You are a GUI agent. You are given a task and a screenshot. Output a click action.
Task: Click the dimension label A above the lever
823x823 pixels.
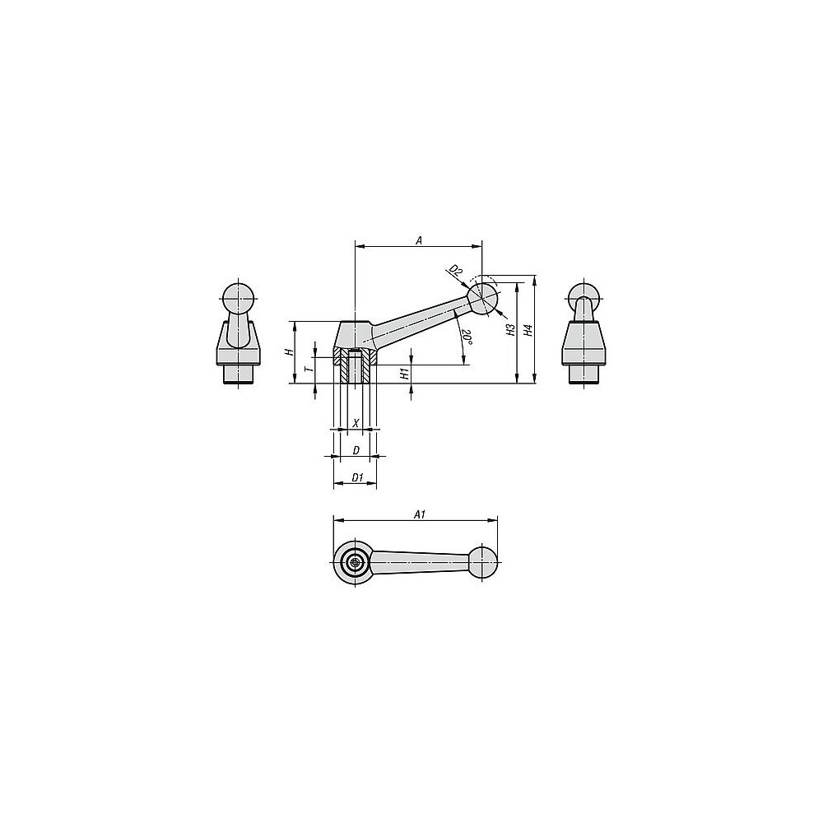[x=419, y=240]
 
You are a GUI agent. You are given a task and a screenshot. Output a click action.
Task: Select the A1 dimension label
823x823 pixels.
[x=419, y=514]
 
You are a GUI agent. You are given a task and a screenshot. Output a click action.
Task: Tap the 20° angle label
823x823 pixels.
[x=467, y=337]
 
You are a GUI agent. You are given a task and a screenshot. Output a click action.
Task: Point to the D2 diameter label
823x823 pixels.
[x=456, y=272]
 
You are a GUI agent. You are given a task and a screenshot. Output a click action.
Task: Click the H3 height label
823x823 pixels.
[x=510, y=330]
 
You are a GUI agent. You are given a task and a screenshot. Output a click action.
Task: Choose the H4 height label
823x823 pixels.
[x=528, y=330]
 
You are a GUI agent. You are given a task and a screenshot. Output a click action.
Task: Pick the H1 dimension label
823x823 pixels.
[x=404, y=374]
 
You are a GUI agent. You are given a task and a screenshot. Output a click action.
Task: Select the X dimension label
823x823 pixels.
[x=356, y=422]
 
